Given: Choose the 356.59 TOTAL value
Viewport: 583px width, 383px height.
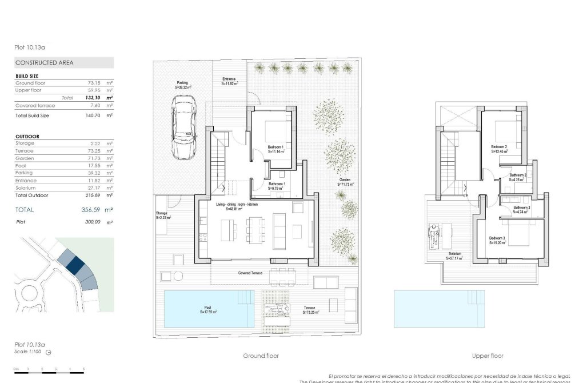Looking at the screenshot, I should (88, 210).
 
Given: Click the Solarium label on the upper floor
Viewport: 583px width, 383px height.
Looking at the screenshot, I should (455, 256).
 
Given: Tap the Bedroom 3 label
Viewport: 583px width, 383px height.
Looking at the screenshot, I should (497, 240).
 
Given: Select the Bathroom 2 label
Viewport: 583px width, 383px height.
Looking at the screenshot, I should (518, 177).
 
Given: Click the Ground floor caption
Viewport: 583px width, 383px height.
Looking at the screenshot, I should (261, 356).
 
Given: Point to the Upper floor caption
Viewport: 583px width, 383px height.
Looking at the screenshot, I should (488, 356).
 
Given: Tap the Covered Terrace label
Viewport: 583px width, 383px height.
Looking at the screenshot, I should (250, 273).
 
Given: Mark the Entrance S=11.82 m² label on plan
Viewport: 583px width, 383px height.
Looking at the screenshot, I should (229, 81).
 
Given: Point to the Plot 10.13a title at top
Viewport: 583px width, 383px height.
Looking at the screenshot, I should (30, 48).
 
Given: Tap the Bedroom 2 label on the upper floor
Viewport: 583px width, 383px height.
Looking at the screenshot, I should (499, 149).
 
